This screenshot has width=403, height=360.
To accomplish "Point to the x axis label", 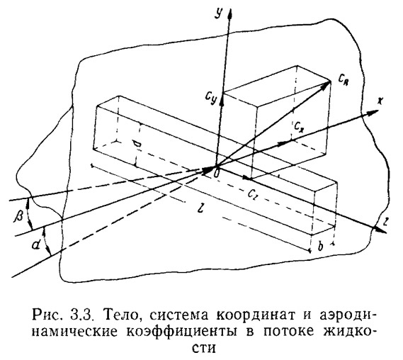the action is point(380,101).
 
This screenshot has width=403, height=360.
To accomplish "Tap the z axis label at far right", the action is point(385,221).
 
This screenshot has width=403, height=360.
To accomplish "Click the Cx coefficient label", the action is point(299,125).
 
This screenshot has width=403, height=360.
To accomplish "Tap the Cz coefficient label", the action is point(253,194).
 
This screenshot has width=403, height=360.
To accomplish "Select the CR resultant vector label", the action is point(344,81).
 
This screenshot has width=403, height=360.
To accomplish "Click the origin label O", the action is point(217,174).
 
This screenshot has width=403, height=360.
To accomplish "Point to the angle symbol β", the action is point(18,215).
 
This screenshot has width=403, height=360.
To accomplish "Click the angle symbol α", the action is point(36,246).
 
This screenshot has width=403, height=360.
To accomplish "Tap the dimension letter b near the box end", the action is point(320,247).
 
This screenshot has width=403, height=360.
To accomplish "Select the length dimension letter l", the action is point(201,208).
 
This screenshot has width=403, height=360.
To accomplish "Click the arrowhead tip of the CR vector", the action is point(331,81).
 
